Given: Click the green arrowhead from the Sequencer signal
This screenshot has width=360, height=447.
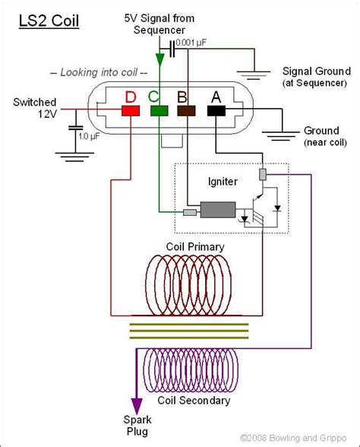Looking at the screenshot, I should (x=159, y=59).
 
